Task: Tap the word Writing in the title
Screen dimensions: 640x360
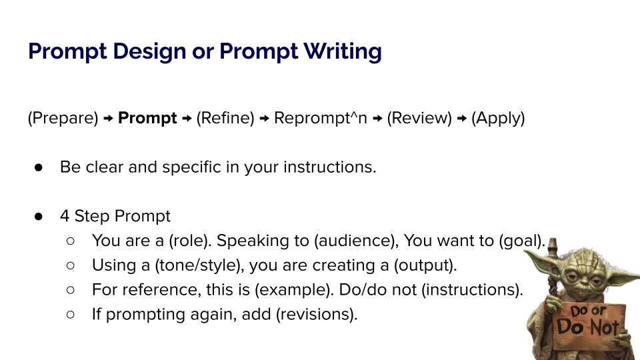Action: (343, 52)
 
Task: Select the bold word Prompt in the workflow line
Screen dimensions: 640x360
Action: (147, 119)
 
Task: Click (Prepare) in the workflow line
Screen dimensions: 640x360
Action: (63, 119)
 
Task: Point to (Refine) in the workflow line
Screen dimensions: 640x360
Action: (225, 119)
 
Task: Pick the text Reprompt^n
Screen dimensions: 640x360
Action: (321, 119)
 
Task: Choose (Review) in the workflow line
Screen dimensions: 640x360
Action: (419, 119)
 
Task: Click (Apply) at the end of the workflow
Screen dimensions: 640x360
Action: (498, 119)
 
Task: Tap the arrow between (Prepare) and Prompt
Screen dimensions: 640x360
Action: (108, 119)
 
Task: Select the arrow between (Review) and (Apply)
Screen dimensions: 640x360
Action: (461, 119)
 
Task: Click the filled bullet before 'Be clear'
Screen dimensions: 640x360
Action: (39, 167)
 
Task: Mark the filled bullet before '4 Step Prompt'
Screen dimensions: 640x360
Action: (39, 216)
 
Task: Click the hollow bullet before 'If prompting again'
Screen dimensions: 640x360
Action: (70, 314)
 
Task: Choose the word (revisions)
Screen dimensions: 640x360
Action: (316, 314)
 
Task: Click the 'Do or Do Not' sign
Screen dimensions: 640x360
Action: (589, 323)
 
